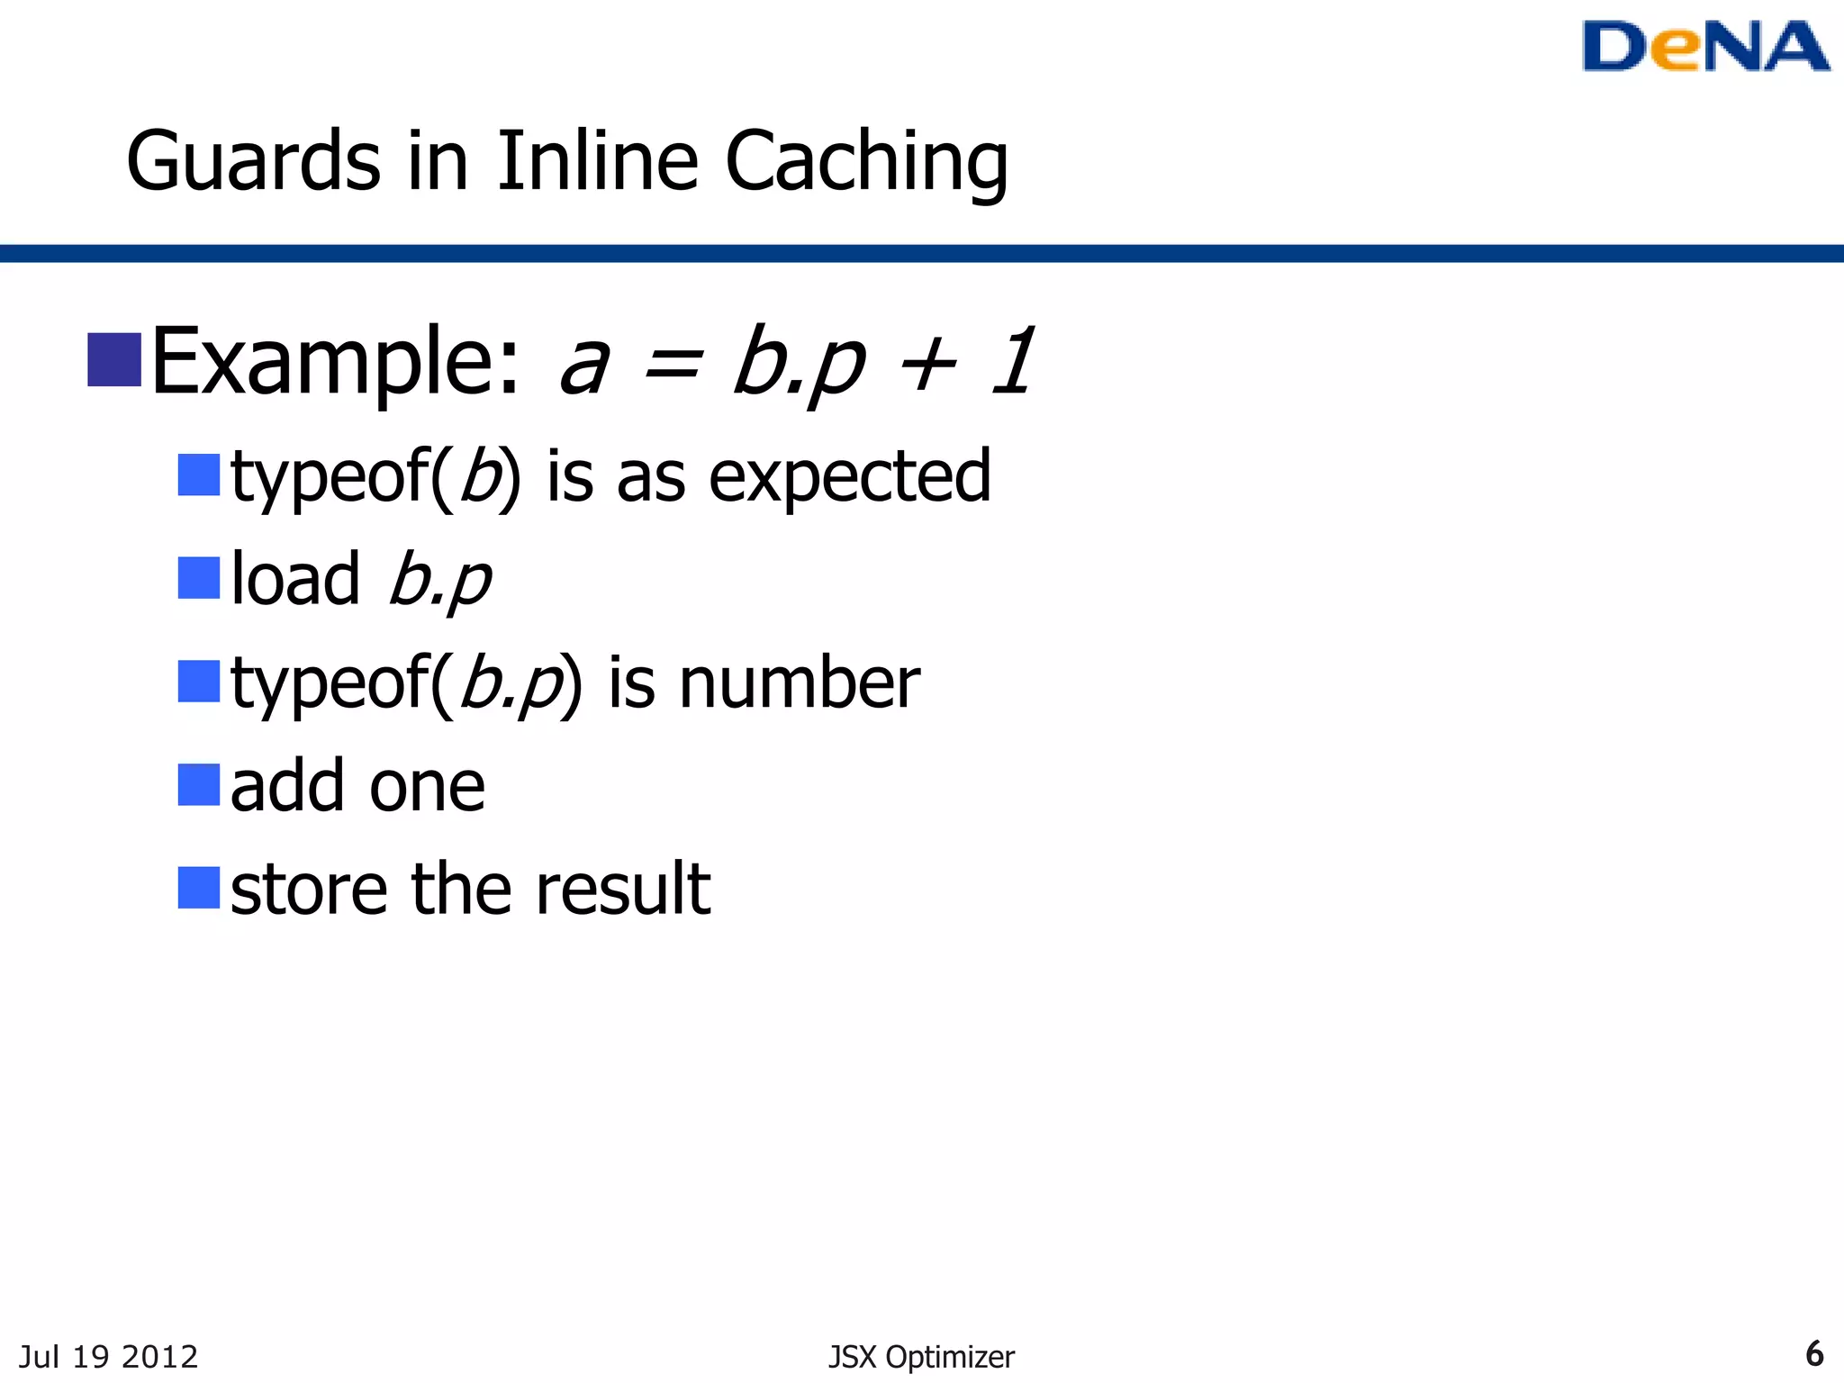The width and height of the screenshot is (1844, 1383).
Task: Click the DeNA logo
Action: pos(1704,47)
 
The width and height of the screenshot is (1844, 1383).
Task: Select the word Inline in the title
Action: pos(597,162)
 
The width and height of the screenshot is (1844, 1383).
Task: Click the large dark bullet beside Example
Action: pos(114,360)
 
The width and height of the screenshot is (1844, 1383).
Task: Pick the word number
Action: pos(799,683)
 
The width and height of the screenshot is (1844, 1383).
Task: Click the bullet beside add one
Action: pos(199,784)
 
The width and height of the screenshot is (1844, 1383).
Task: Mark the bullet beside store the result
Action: pos(199,888)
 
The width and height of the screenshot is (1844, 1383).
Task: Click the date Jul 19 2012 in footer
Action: pos(108,1356)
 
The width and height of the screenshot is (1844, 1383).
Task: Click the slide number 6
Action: pos(1814,1353)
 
